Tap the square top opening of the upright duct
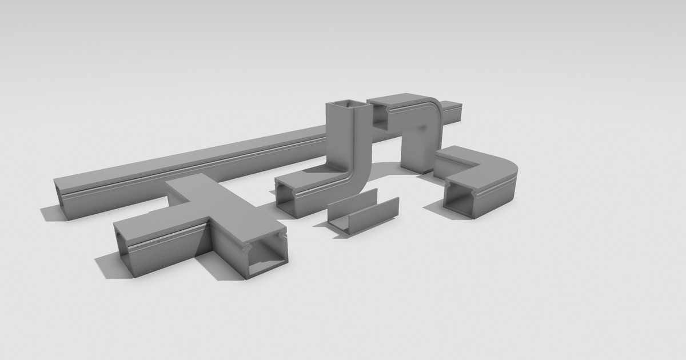tap(345, 105)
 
